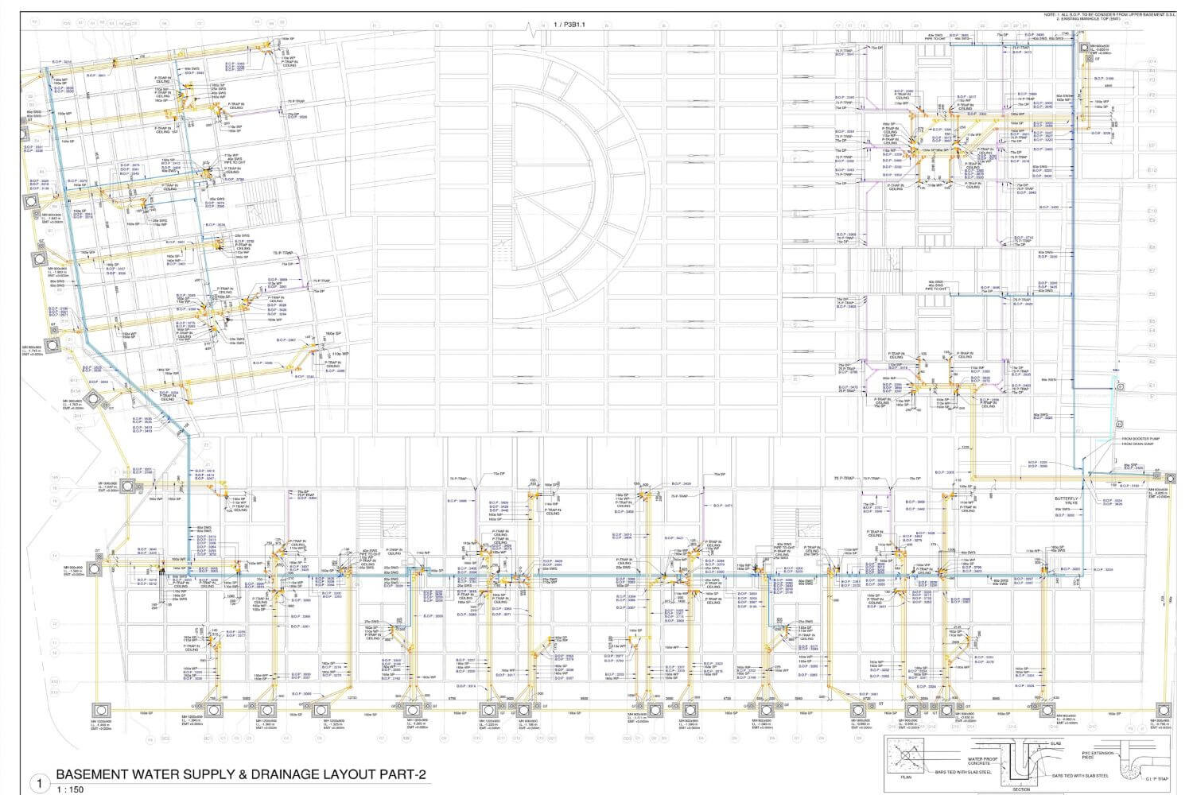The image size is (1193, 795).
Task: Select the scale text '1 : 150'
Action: (69, 789)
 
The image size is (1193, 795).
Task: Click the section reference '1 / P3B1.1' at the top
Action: (569, 25)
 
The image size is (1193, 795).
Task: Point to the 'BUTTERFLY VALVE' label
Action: (1066, 500)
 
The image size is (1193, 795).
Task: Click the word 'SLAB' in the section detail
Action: (1055, 744)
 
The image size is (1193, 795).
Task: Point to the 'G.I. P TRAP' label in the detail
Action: (1156, 780)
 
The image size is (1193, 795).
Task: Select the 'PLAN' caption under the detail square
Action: (906, 777)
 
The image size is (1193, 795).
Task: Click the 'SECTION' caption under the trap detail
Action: (1021, 789)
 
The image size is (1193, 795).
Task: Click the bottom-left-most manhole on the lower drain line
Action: (102, 710)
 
